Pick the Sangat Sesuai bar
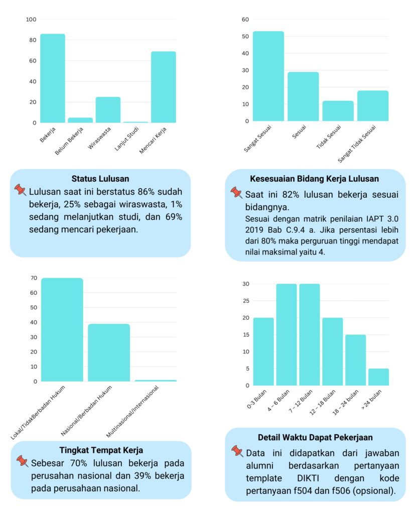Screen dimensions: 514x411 pyautogui.click(x=268, y=76)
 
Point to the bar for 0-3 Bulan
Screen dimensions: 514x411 pyautogui.click(x=263, y=351)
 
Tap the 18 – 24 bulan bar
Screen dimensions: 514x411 pyautogui.click(x=355, y=360)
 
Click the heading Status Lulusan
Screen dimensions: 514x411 pyautogui.click(x=100, y=179)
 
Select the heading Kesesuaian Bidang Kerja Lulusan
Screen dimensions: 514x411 pyautogui.click(x=315, y=179)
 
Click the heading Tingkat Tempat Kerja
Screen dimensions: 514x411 pyautogui.click(x=101, y=450)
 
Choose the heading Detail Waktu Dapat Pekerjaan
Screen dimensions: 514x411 pyautogui.click(x=315, y=437)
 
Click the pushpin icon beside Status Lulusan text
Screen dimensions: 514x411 pyautogui.click(x=21, y=190)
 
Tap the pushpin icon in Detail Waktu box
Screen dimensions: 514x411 pyautogui.click(x=237, y=451)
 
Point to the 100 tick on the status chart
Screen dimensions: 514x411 pyautogui.click(x=31, y=20)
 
